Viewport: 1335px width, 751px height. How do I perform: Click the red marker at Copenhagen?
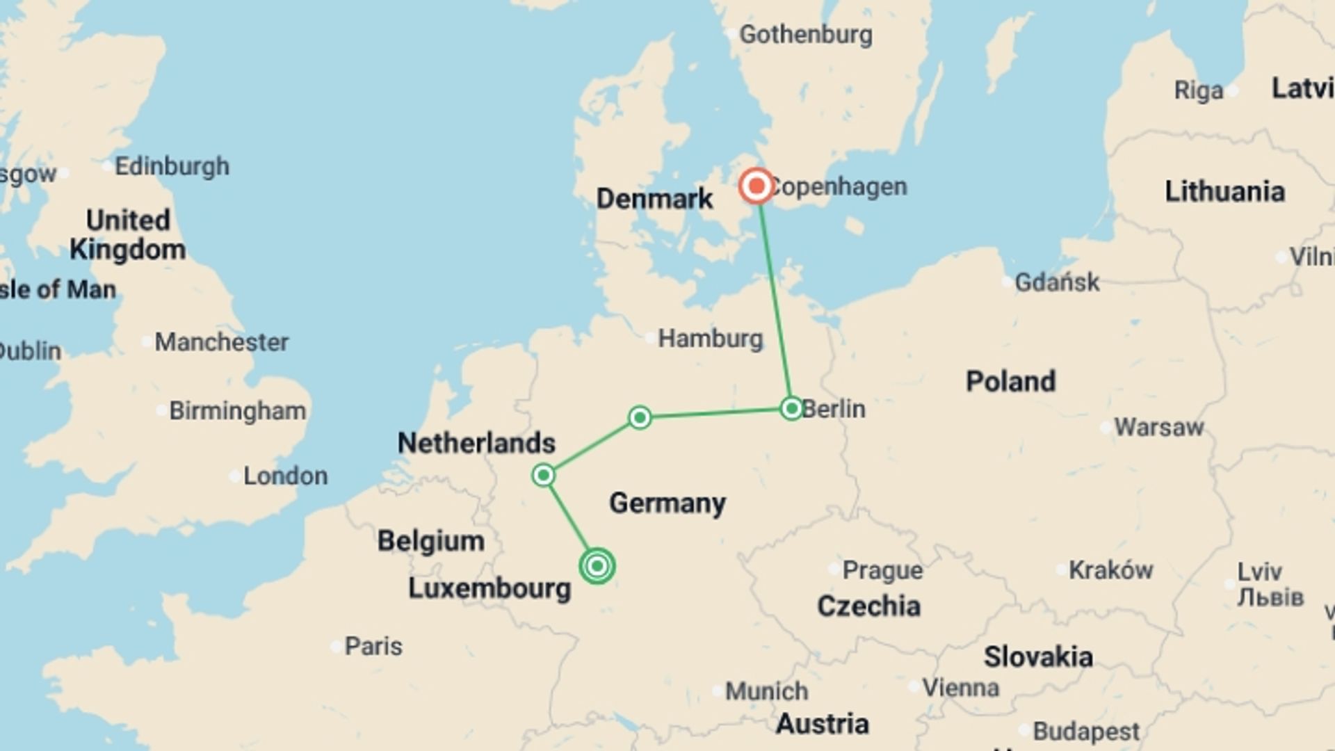pos(756,186)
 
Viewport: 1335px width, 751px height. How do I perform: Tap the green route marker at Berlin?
pos(791,408)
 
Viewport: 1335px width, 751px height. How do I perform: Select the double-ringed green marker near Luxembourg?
pos(597,566)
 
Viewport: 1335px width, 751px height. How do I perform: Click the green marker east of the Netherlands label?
pos(543,476)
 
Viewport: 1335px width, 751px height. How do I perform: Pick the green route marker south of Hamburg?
pos(640,417)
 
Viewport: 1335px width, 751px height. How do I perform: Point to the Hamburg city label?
pos(710,339)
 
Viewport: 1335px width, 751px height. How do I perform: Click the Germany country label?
pos(667,503)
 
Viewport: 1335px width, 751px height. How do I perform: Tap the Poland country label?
pos(1010,381)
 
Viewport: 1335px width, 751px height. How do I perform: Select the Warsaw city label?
pos(1158,427)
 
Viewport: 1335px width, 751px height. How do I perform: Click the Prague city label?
pos(882,570)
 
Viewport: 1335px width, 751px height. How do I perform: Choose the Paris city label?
pos(373,646)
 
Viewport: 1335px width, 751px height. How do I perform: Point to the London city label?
pos(285,476)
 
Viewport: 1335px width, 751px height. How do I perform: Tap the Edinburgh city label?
pos(172,166)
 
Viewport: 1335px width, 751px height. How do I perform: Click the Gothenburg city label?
pos(805,34)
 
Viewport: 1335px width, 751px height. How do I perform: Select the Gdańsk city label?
pos(1057,282)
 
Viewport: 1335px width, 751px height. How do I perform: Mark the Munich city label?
pos(766,691)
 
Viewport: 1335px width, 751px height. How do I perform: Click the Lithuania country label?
pos(1224,191)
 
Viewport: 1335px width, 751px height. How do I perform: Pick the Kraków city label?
pos(1110,570)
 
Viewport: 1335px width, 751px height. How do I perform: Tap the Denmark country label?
pos(654,199)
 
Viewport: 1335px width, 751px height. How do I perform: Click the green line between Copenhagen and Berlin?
pos(775,299)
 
